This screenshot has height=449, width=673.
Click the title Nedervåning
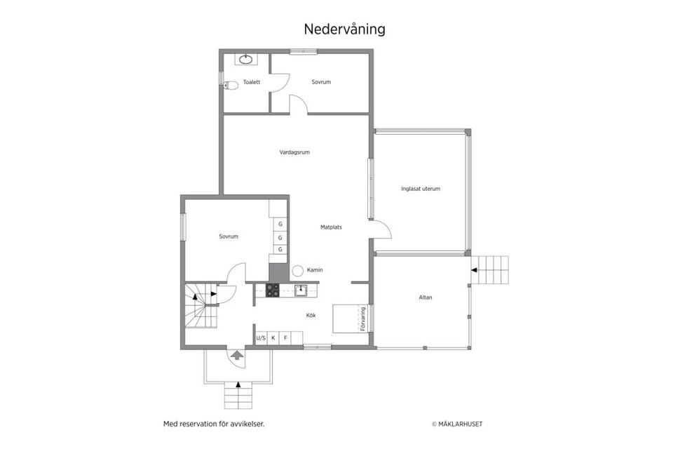[344, 29]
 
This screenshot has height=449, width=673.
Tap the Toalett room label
[252, 82]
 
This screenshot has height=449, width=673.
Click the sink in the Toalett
[246, 60]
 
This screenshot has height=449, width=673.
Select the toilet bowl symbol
[231, 85]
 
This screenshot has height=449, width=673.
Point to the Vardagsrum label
[294, 152]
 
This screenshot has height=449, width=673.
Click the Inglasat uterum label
[421, 188]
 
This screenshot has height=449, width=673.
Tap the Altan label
[426, 297]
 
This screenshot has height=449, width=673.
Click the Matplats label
[331, 227]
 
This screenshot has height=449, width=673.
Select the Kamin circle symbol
[297, 270]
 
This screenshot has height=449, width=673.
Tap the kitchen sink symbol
[301, 290]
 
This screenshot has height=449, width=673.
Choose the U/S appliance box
[261, 339]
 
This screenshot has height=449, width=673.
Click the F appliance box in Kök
[285, 339]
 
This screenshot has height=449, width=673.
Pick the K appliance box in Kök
[273, 339]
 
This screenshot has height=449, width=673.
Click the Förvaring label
[363, 318]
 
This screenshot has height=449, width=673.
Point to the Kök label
[311, 315]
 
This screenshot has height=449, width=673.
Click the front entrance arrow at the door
[237, 356]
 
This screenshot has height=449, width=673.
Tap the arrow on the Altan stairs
[476, 269]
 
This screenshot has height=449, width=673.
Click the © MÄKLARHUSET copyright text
[457, 424]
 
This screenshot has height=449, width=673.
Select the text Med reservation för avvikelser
[214, 424]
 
